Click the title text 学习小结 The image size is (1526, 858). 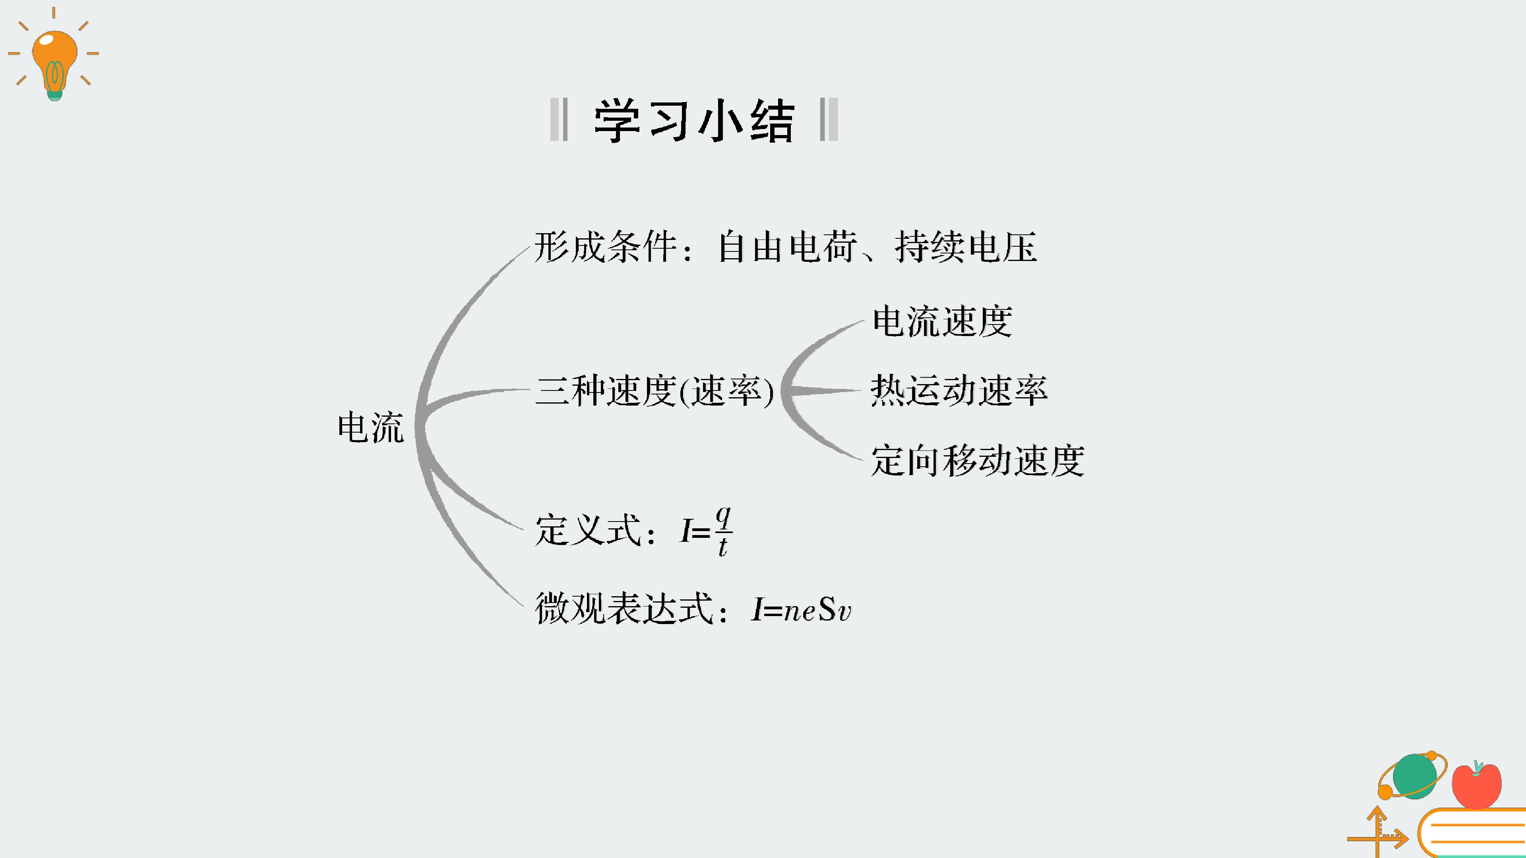pos(694,120)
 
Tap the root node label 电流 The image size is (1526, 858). pos(371,427)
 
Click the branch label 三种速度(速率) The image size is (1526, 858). pos(655,391)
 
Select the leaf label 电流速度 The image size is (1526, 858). pos(943,321)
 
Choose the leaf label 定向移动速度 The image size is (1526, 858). pos(978,461)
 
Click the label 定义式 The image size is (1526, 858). pos(588,530)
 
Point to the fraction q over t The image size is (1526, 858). pos(723,531)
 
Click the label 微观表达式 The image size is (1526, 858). pos(624,609)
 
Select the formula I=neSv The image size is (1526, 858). pos(801,609)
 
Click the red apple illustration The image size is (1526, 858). pos(1477,785)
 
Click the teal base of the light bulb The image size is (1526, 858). pos(54,95)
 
